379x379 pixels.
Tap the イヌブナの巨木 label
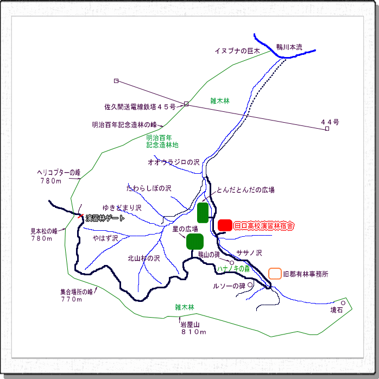coord(238,51)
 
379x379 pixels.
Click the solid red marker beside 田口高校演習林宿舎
coord(225,225)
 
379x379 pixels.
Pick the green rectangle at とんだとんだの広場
coord(203,212)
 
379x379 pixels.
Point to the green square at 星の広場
coord(195,241)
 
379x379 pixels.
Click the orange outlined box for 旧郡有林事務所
coord(275,273)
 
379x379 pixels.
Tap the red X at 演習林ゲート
coord(80,216)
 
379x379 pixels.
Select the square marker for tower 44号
coord(327,129)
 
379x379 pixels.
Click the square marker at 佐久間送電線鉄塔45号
coord(186,104)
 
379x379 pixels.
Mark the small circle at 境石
coord(343,302)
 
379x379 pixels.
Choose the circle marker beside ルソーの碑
coord(250,285)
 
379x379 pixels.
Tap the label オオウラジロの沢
coord(174,162)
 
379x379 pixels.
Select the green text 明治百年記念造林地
coord(162,142)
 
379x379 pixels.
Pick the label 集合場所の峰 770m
coord(77,295)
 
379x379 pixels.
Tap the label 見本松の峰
coord(44,234)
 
